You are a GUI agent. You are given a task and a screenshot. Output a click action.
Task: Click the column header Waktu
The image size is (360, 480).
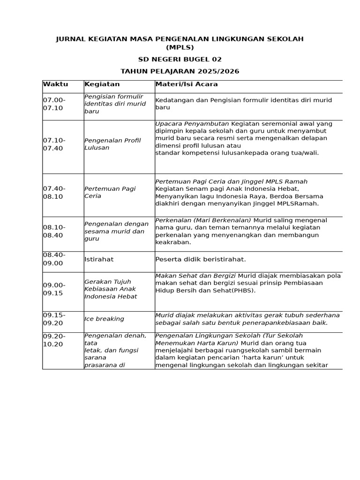[55, 84]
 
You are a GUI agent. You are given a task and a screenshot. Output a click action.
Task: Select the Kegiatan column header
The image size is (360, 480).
[102, 84]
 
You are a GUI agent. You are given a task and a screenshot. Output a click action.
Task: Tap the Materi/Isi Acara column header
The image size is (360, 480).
[187, 84]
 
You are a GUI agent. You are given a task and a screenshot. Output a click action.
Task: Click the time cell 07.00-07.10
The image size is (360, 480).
[54, 104]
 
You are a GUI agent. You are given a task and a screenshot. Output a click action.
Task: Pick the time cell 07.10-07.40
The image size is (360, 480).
[54, 144]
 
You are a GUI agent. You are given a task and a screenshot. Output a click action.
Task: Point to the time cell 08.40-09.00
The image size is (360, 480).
[54, 259]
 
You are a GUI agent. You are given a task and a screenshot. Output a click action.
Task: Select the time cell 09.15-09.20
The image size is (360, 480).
[54, 319]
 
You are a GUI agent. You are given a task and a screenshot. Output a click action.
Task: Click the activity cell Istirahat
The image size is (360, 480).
[99, 259]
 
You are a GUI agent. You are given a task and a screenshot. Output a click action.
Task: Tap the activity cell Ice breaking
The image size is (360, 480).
[104, 319]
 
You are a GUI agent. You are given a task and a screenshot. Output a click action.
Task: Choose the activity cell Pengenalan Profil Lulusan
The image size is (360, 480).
[112, 144]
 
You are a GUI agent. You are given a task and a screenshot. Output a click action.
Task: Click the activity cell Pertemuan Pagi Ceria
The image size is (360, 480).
[110, 192]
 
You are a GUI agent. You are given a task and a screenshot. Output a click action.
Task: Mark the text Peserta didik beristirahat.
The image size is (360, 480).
[201, 259]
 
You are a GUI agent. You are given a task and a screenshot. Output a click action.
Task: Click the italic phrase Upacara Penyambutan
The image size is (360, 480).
[192, 124]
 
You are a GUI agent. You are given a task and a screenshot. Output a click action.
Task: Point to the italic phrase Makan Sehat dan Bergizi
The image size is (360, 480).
[195, 276]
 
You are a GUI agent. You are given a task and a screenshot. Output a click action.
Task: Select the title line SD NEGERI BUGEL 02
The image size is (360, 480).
[180, 60]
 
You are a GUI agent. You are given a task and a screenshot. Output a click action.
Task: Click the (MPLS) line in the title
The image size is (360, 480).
[180, 47]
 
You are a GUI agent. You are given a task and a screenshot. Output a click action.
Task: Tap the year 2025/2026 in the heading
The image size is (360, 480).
[219, 71]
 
